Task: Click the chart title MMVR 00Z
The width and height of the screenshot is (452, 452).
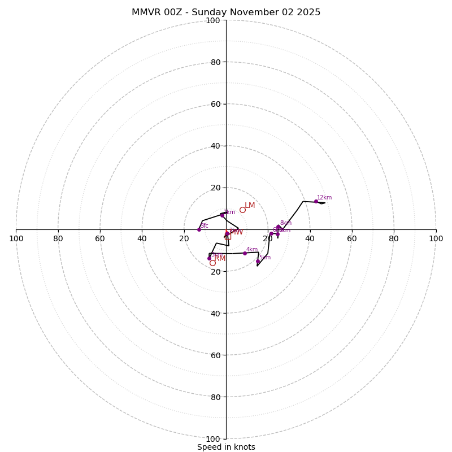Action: [x=226, y=12]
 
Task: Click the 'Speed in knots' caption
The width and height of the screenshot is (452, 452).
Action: [x=226, y=447]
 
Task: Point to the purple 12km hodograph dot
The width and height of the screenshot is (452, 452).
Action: [x=316, y=202]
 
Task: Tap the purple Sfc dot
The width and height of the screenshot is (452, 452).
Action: [x=199, y=229]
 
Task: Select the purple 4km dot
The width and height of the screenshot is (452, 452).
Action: [x=245, y=253]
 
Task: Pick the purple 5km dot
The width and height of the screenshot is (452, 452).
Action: [x=258, y=261]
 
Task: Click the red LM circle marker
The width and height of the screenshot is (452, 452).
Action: [x=242, y=210]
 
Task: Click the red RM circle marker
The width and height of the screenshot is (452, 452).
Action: [x=212, y=263]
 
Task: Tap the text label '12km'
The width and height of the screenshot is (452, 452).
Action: [x=324, y=198]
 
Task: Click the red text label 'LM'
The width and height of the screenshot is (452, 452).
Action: [x=250, y=206]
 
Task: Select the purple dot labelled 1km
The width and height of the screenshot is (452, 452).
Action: [x=222, y=215]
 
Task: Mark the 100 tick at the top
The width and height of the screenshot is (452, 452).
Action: [x=213, y=20]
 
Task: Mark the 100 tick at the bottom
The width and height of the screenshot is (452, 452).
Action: [x=213, y=438]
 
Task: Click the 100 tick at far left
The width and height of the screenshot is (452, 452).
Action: [x=16, y=238]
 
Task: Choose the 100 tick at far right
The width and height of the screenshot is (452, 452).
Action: [x=436, y=238]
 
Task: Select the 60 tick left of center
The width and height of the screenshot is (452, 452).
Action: [x=100, y=238]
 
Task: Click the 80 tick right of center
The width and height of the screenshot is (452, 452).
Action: [x=394, y=238]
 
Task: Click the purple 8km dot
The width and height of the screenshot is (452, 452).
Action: [x=278, y=227]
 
